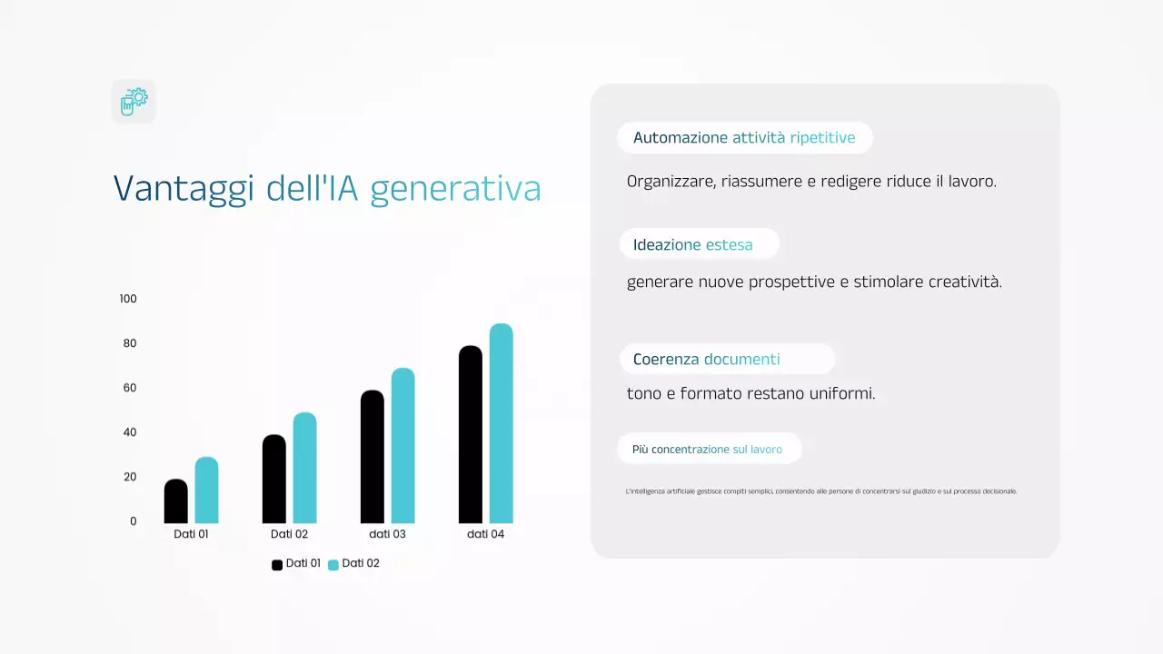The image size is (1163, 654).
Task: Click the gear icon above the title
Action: [134, 101]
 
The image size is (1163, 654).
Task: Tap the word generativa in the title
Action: [455, 188]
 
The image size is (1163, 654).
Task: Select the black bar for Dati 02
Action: [273, 479]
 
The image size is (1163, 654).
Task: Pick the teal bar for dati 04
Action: [501, 423]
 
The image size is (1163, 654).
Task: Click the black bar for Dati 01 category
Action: [175, 501]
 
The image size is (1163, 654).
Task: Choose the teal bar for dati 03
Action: [403, 445]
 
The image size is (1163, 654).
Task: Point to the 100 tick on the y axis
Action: [128, 299]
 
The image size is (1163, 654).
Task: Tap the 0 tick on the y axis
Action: [133, 521]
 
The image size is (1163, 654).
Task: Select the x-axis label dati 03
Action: [387, 534]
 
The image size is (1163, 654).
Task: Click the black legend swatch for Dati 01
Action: [277, 565]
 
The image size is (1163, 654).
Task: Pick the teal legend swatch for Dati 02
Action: [333, 565]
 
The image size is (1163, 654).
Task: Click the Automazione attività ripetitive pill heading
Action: [744, 138]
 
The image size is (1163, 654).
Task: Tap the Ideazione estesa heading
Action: [693, 244]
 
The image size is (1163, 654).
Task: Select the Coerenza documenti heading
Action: [706, 359]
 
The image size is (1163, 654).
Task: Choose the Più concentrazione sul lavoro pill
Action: [707, 449]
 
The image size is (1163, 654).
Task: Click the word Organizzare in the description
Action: [670, 181]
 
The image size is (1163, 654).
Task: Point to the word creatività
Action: [965, 282]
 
